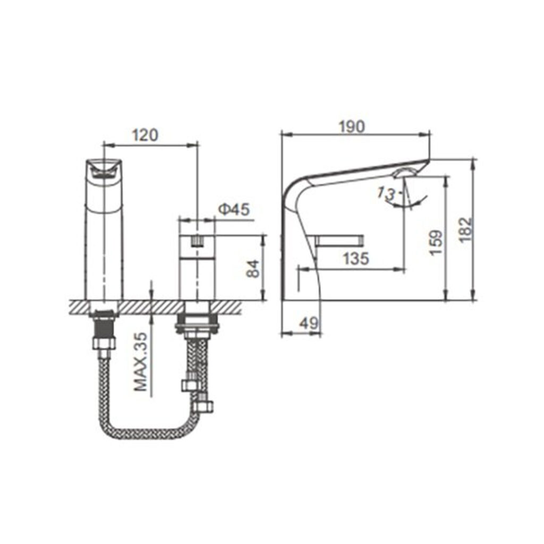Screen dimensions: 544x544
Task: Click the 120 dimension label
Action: (x=145, y=135)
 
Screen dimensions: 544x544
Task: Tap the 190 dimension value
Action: (x=352, y=126)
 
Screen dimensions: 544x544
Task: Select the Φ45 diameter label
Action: (x=234, y=209)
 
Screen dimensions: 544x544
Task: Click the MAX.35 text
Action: (x=141, y=362)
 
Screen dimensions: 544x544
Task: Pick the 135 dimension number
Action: (x=356, y=259)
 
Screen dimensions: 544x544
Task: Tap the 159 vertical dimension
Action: (x=436, y=242)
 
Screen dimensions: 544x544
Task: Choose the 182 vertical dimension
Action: (x=466, y=229)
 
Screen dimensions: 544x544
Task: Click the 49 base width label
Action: (x=309, y=324)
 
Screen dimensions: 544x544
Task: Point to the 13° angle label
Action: (x=387, y=193)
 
